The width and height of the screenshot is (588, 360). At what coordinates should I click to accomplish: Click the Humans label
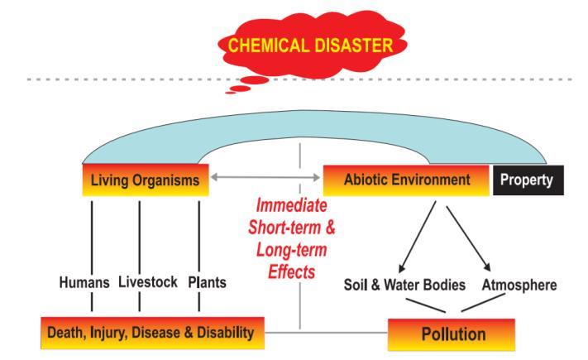[x=84, y=281]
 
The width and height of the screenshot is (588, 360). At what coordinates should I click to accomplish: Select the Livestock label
[x=141, y=281]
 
